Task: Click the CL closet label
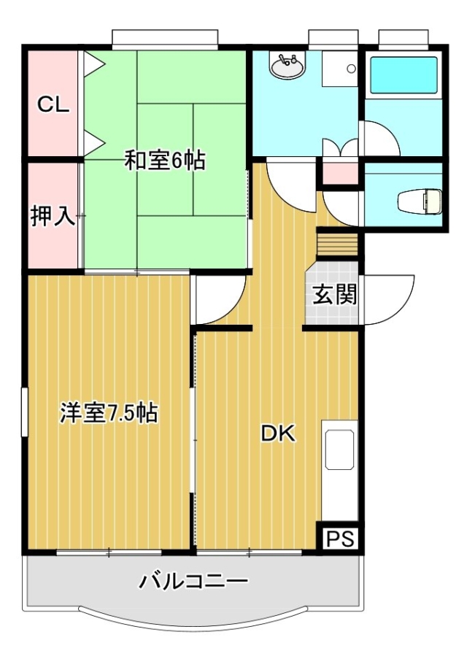coord(53,104)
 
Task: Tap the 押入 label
coord(53,217)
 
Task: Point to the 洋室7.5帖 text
coord(109,413)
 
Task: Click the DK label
coord(278,433)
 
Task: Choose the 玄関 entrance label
coord(334,294)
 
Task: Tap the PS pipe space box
coord(341,539)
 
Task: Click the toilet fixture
coord(420,201)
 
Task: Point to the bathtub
coord(403,75)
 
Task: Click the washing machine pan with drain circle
coord(339,69)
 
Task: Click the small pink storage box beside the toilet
coord(340,172)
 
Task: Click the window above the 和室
coord(165,37)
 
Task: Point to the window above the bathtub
coord(404,37)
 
